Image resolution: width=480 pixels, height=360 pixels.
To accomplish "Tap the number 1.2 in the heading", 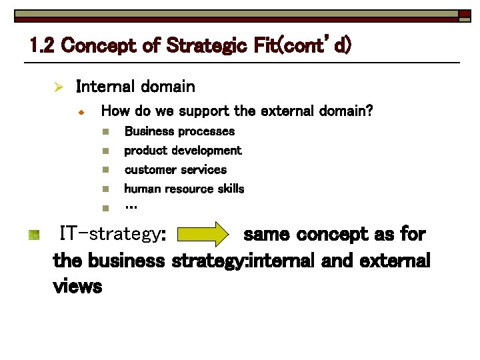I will (x=43, y=46).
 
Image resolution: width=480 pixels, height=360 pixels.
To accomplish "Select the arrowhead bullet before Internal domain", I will (x=59, y=87).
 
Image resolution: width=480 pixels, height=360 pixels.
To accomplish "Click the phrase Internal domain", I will (x=135, y=87).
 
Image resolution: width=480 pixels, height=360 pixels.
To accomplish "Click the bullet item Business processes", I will (x=179, y=131).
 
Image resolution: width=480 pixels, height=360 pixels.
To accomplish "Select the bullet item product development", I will (x=183, y=151).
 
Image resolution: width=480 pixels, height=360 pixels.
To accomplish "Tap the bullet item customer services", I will (x=175, y=169).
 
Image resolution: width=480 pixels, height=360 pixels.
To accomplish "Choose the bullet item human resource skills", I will (x=184, y=189).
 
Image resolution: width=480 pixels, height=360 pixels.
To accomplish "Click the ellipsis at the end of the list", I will (x=131, y=207).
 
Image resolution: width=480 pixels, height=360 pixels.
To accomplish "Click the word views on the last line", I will (x=77, y=287).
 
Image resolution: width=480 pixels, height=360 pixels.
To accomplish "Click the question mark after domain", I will (x=369, y=111).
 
